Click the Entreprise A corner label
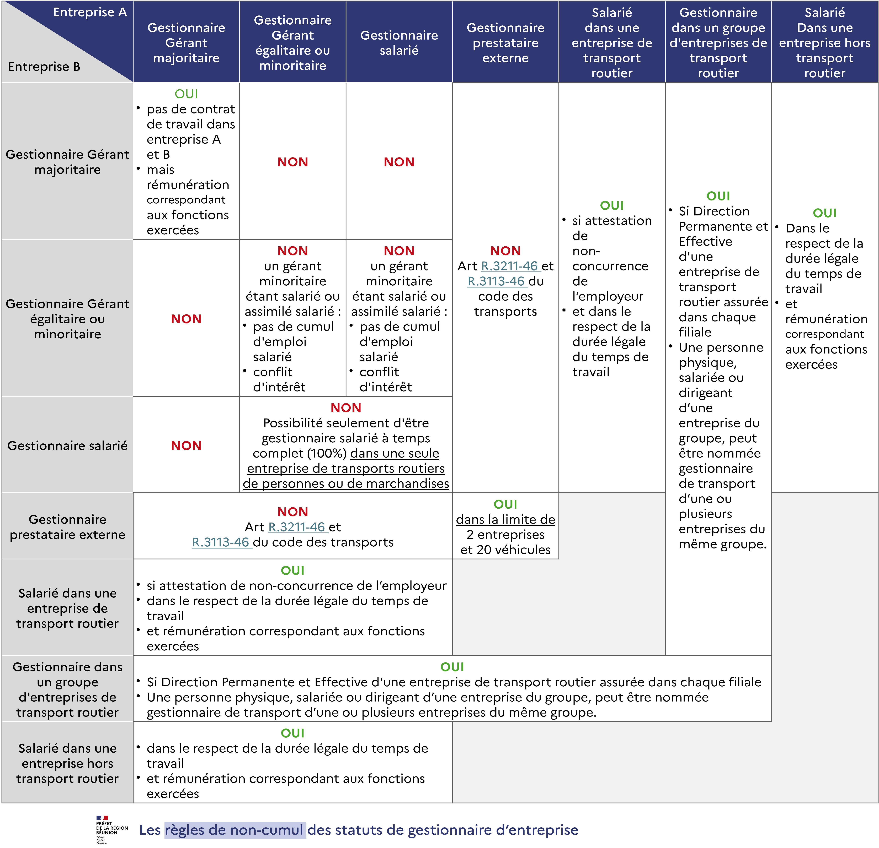point(90,12)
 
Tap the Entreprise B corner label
point(44,67)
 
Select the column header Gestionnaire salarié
point(399,43)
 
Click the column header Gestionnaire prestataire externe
point(505,43)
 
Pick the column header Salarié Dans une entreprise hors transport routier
point(824,43)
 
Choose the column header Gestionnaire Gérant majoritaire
point(186,43)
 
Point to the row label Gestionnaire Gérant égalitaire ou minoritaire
point(67,319)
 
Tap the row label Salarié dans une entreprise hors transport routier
point(67,763)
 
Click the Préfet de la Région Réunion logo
point(112,829)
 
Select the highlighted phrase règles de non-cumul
point(235,830)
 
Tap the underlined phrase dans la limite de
point(505,519)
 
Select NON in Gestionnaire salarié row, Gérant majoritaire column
point(186,445)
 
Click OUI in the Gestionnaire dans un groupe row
point(452,667)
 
